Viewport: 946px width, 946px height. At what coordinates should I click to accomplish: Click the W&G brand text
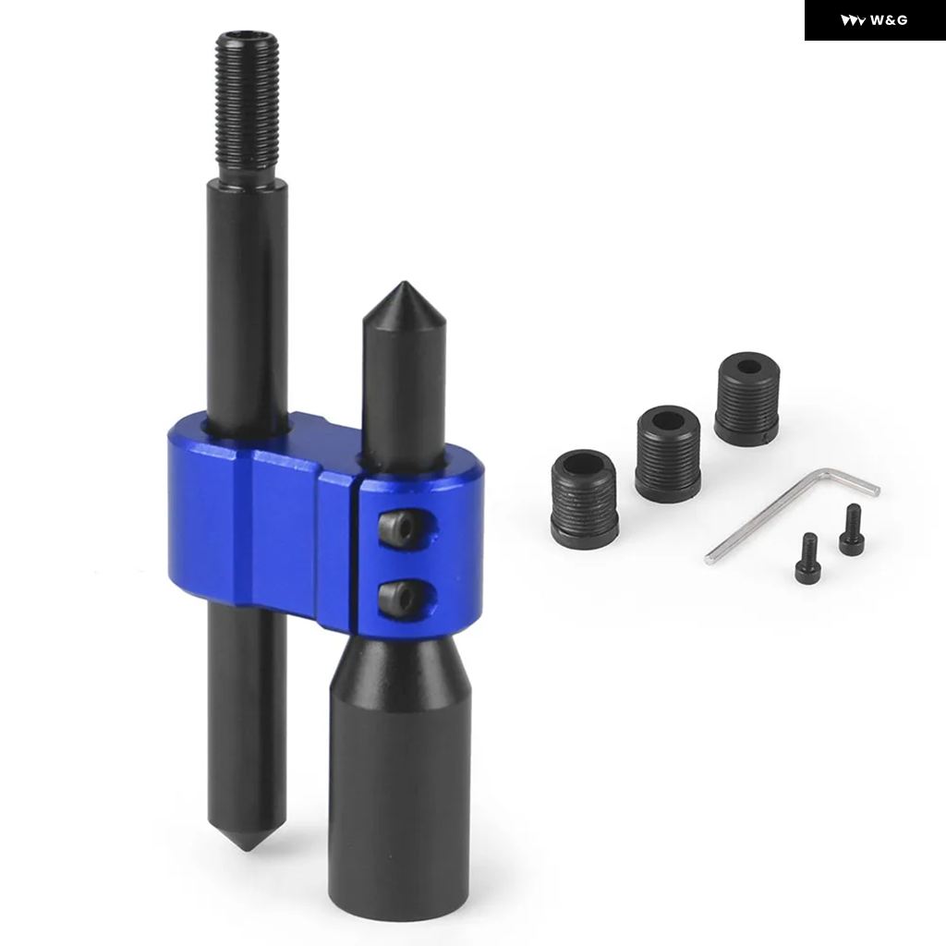(x=889, y=20)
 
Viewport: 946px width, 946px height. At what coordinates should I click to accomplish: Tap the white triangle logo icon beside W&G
(x=854, y=21)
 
